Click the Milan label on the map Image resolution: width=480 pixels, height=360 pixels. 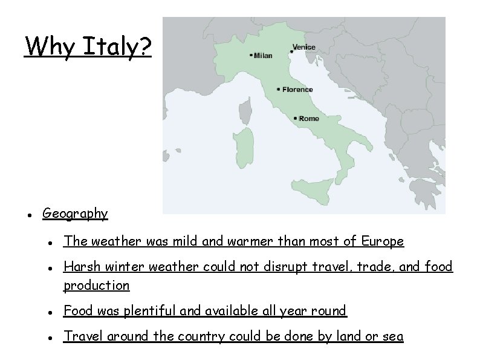coord(263,56)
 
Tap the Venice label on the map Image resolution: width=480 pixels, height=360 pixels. coord(303,47)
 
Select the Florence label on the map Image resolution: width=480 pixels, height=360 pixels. coord(297,90)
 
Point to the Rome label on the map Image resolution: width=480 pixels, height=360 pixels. coord(309,119)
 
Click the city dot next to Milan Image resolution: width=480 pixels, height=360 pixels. coord(251,55)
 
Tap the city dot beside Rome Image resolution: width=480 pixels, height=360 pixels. coord(295,118)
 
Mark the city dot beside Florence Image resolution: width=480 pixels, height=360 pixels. coord(278,89)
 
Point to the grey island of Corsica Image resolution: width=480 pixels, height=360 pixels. coord(246,111)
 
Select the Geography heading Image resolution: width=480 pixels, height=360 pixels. coord(75,213)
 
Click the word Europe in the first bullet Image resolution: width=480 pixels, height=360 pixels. coord(382,241)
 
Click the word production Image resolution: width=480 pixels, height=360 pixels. coord(97,285)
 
